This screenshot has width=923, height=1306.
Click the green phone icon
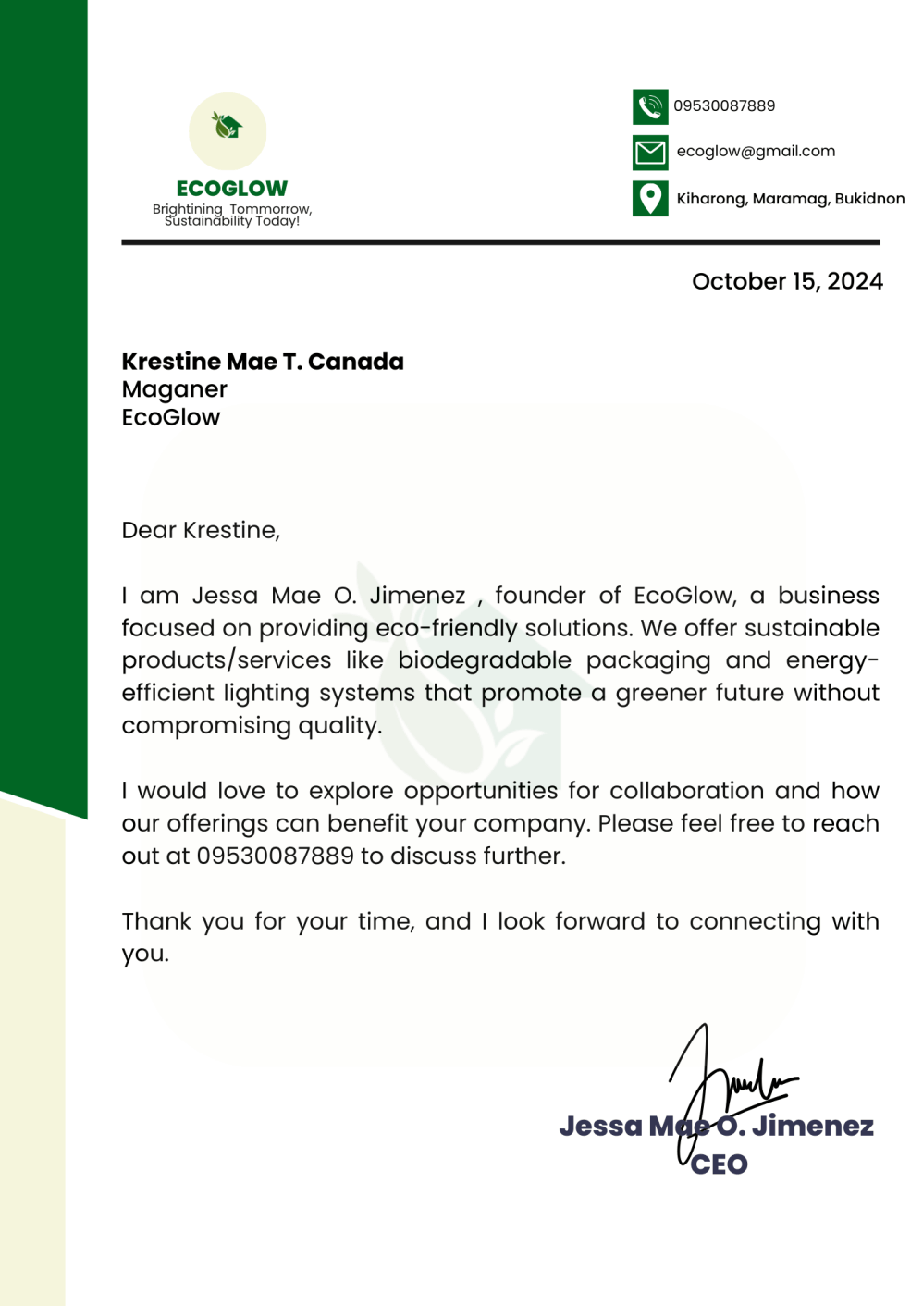tap(650, 106)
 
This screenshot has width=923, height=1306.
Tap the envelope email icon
tap(650, 153)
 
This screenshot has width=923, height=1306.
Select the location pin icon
tap(650, 198)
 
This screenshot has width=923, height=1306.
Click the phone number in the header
tap(724, 105)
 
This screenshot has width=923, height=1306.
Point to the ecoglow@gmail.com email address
tap(756, 151)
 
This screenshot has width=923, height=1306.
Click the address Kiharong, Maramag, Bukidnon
tap(791, 198)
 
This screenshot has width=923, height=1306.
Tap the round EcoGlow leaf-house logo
tap(228, 130)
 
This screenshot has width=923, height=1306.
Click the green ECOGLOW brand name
tap(232, 189)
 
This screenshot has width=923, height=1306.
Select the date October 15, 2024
tap(787, 281)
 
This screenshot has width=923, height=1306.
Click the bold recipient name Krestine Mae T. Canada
tap(263, 362)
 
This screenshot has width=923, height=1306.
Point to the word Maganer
tap(175, 389)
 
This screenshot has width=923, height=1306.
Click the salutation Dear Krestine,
tap(201, 530)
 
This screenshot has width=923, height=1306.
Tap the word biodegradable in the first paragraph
tap(485, 660)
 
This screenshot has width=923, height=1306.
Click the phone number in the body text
tap(276, 856)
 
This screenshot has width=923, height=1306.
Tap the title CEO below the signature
tap(720, 1164)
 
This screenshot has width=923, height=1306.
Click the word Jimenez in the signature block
tap(813, 1126)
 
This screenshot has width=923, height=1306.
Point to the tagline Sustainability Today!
tap(232, 221)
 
